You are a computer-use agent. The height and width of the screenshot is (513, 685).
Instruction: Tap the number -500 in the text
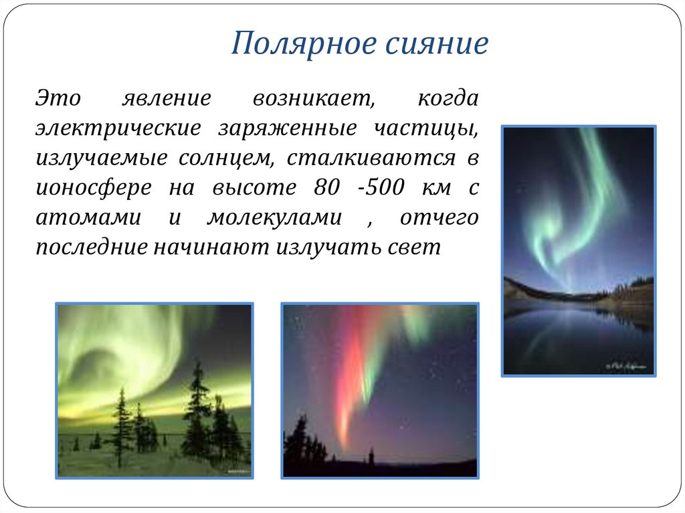coord(382,188)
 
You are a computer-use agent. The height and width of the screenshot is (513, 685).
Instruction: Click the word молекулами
coord(275,217)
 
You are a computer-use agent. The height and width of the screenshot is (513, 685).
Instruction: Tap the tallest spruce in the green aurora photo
coord(198,408)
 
